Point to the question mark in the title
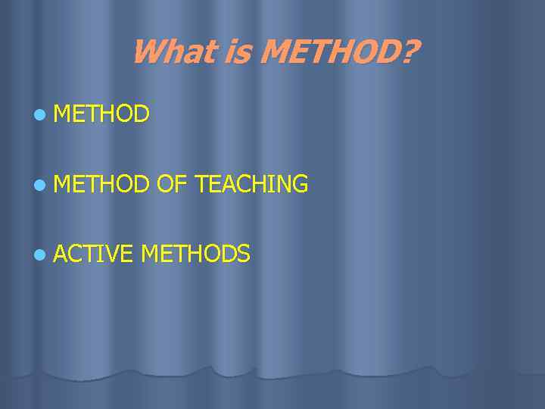click(x=410, y=52)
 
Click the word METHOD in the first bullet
click(x=102, y=114)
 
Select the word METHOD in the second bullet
click(x=102, y=184)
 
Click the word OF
click(x=172, y=184)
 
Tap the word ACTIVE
click(x=93, y=254)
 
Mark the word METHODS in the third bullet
click(x=195, y=254)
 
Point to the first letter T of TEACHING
click(x=201, y=184)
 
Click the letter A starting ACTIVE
click(x=61, y=254)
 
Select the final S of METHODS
click(x=243, y=254)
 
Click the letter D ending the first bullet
click(x=142, y=114)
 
